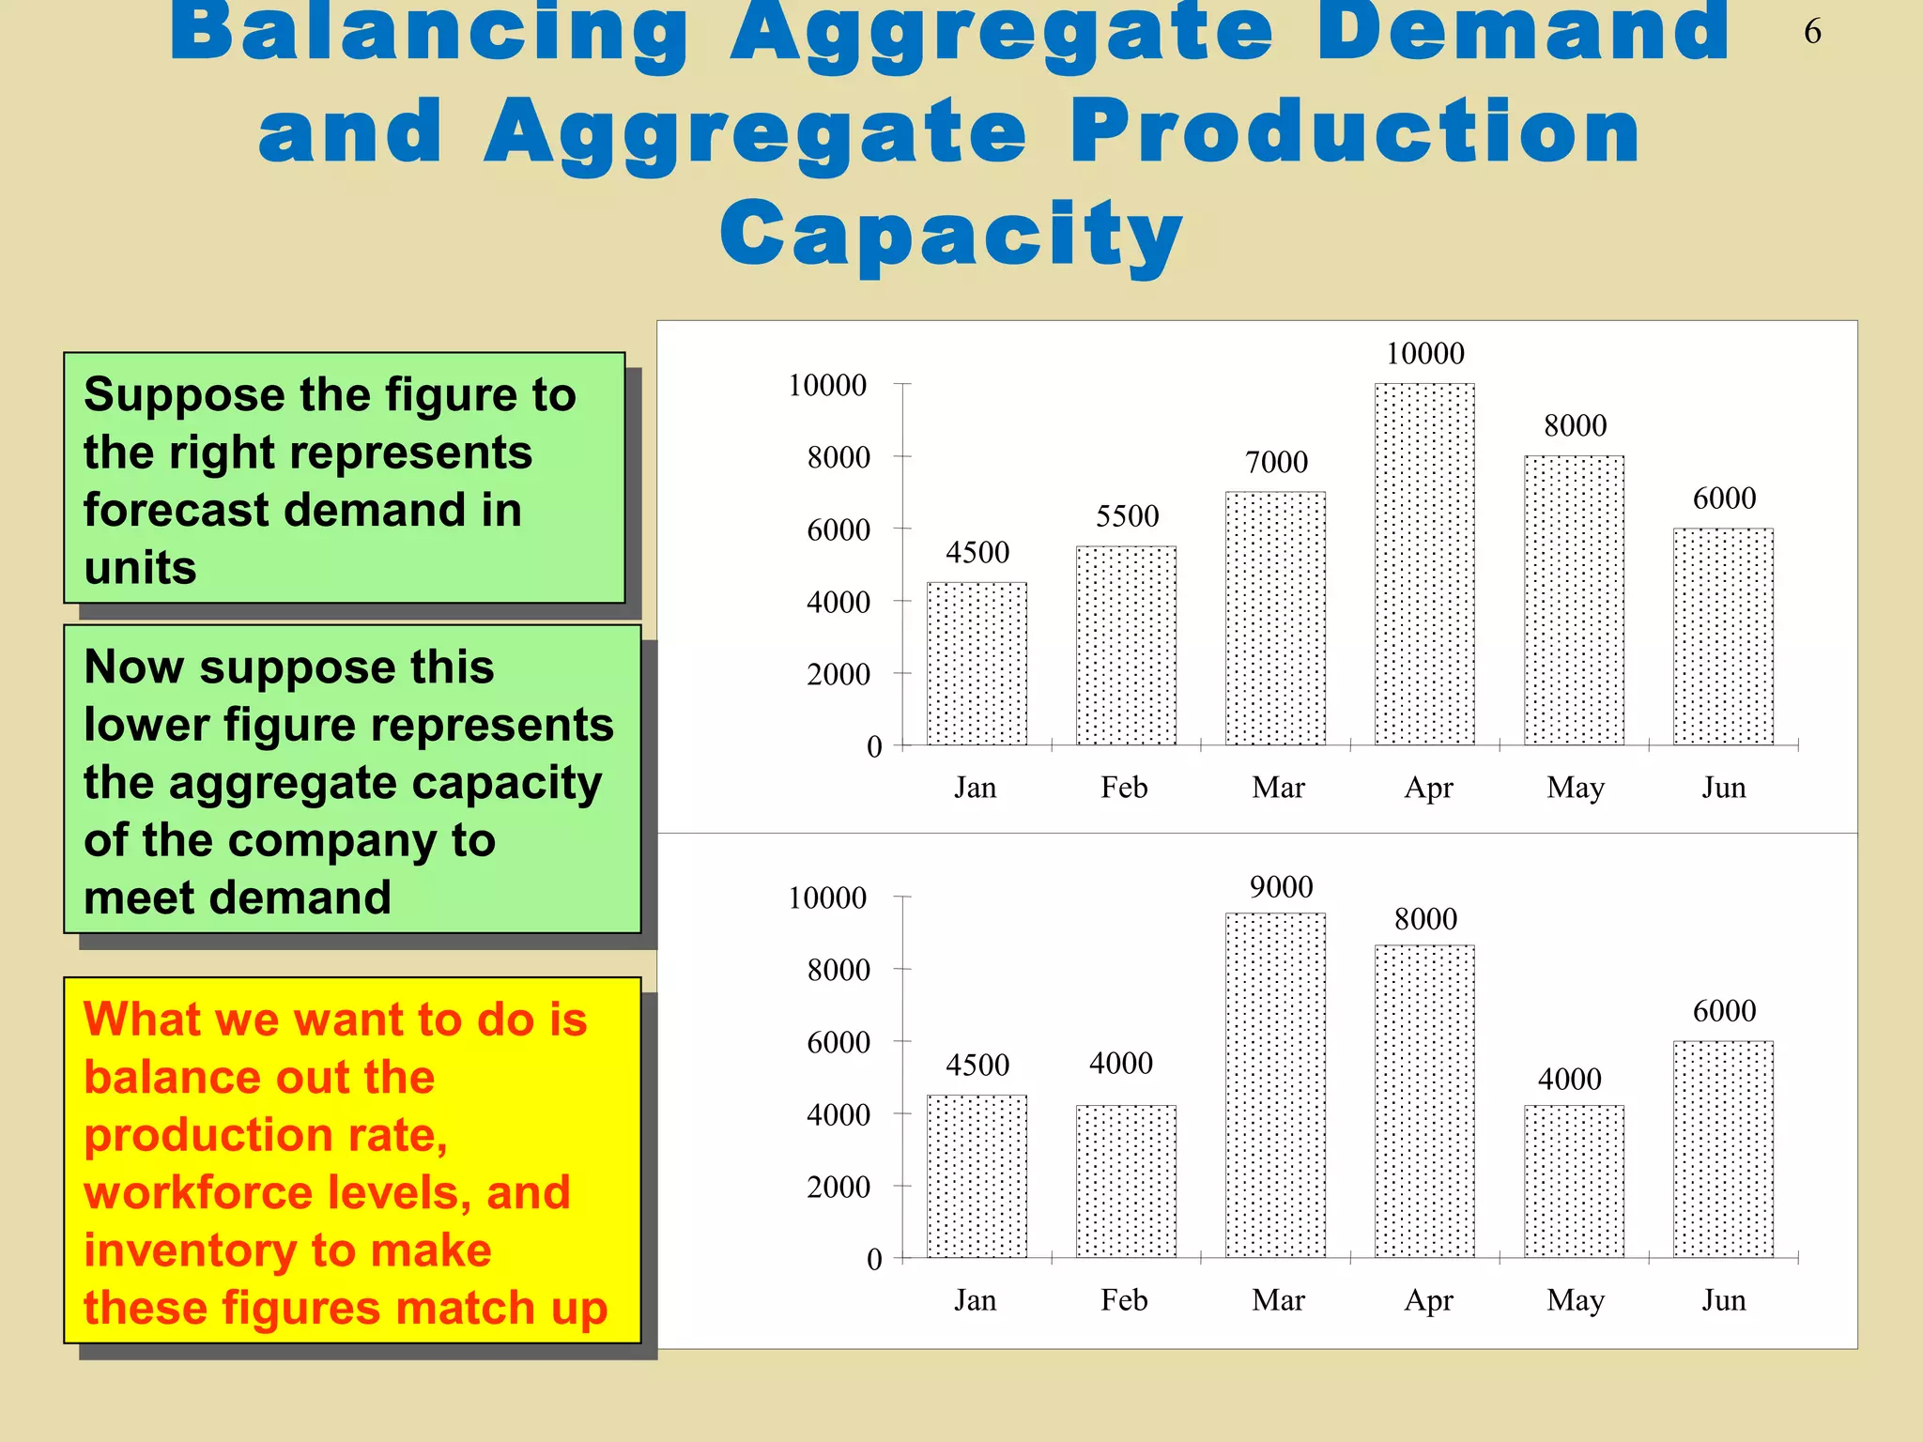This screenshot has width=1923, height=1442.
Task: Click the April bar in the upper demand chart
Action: [1424, 563]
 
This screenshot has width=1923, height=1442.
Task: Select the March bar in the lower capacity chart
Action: [1275, 1084]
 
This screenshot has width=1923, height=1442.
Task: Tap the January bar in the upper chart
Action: [977, 663]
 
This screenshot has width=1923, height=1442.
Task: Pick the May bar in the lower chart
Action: [1574, 1180]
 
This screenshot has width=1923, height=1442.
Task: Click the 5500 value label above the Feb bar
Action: [1127, 515]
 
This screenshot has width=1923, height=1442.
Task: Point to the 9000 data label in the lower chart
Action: [1281, 886]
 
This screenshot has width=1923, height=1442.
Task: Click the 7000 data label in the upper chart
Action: [1276, 462]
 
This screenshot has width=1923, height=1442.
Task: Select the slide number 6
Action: [1812, 32]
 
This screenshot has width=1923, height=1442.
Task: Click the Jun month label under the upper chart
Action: [1724, 787]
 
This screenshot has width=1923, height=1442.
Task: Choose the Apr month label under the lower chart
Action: [1428, 1300]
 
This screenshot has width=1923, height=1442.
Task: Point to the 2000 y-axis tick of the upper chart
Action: [838, 674]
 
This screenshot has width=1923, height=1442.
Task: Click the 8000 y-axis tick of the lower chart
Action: [838, 970]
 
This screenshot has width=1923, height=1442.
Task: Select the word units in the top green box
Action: [140, 567]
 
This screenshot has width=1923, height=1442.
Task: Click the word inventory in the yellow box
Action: [188, 1250]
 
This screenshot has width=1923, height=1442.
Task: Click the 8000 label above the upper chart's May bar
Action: [1575, 425]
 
